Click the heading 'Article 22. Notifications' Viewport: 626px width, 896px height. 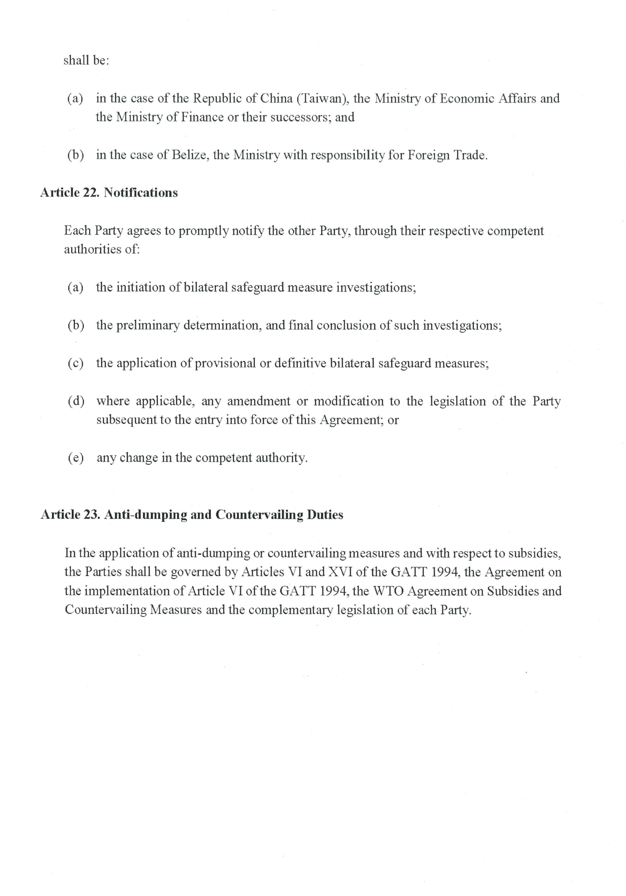109,193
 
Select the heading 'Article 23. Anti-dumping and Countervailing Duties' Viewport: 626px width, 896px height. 192,515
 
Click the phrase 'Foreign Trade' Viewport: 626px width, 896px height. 447,155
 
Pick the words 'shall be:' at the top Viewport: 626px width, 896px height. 86,60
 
